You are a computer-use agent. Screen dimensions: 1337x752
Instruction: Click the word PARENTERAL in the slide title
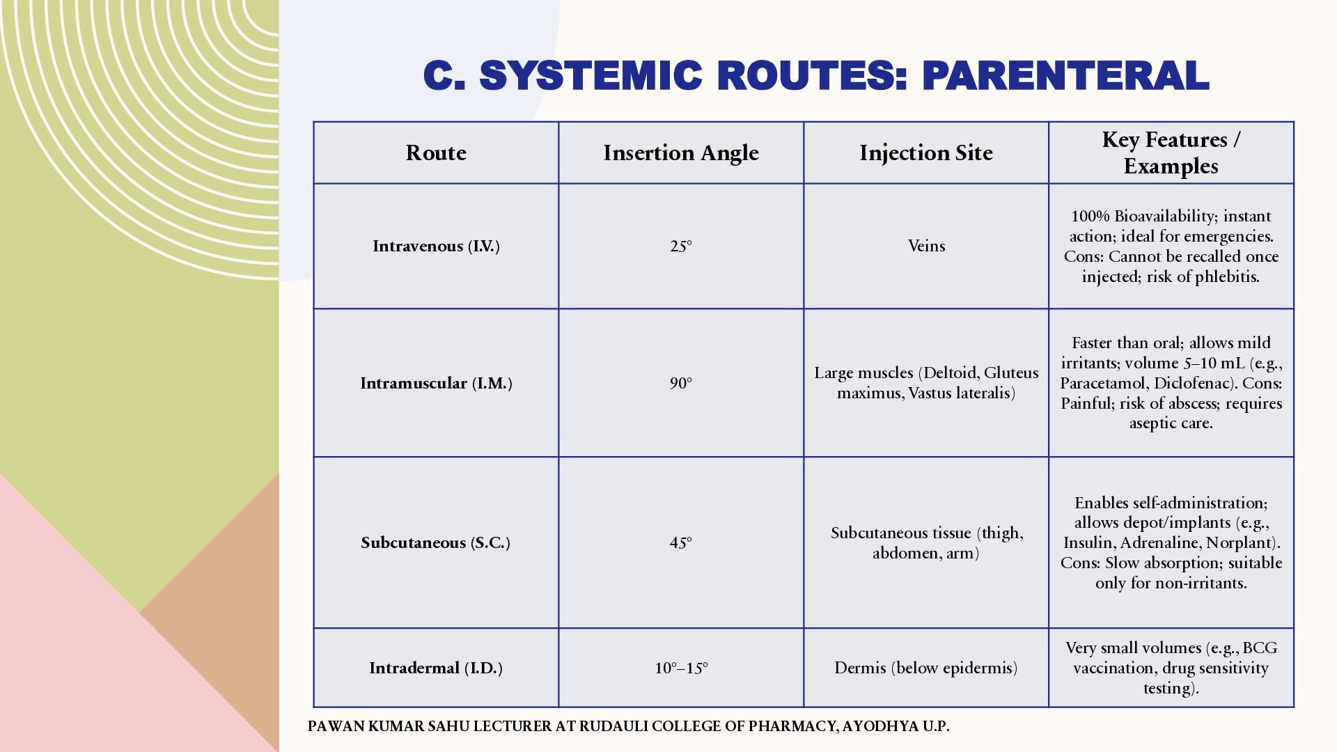tap(1065, 75)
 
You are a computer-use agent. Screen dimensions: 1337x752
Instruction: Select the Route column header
tap(436, 152)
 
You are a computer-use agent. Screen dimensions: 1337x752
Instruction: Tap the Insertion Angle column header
tap(681, 153)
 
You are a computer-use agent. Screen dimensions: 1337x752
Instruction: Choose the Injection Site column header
tap(926, 153)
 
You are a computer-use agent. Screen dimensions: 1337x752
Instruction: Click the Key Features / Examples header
tap(1171, 152)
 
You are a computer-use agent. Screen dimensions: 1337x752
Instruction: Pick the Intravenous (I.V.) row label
tap(436, 246)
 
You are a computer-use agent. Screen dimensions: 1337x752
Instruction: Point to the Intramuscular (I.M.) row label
tap(436, 383)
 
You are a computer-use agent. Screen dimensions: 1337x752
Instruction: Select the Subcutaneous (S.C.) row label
tap(436, 542)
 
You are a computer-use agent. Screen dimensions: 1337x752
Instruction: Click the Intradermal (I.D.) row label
tap(436, 668)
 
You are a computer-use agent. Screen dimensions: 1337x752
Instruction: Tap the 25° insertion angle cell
tap(681, 246)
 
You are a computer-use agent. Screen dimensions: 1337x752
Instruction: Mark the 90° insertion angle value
tap(681, 383)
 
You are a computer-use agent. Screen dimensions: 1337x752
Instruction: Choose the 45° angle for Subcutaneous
tap(681, 542)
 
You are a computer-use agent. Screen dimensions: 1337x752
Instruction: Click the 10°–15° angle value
tap(681, 668)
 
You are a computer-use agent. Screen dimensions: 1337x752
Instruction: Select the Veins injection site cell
tap(926, 246)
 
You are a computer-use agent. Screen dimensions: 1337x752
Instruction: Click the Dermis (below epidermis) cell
tap(926, 668)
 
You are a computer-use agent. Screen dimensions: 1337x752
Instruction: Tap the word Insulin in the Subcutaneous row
tap(1088, 542)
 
